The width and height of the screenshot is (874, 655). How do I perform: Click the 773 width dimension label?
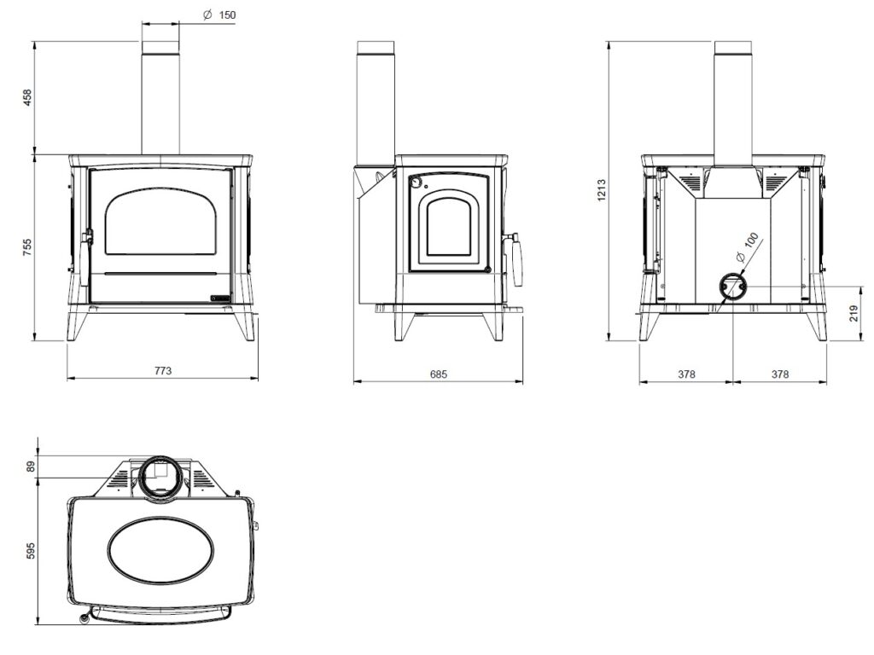point(163,370)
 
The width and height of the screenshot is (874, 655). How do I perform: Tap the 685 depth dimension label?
point(439,374)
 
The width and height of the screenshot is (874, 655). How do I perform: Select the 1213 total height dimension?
point(602,190)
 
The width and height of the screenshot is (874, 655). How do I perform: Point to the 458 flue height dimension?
point(27,98)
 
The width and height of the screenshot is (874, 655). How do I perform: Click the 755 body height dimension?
point(27,247)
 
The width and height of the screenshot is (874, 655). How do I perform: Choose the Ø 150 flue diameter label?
point(219,15)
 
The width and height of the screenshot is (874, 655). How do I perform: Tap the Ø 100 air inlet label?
point(748,247)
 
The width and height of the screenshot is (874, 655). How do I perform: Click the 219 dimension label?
point(854,313)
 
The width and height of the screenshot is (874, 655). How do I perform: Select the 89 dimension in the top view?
point(31,467)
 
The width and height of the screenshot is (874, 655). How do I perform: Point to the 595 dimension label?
point(31,551)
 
